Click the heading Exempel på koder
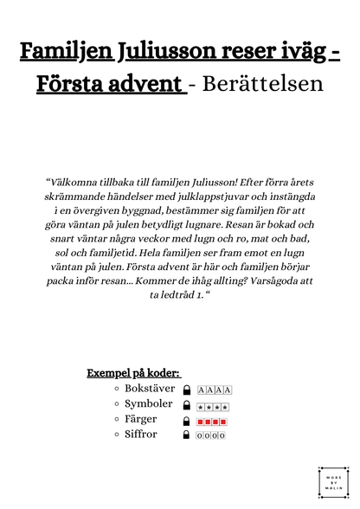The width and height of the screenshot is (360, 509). (x=133, y=373)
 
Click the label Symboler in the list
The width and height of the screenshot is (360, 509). (x=150, y=404)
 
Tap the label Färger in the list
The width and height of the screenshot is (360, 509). (x=144, y=419)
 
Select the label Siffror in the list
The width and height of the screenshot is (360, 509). (x=141, y=434)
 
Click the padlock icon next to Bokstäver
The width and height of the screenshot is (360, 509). (x=187, y=390)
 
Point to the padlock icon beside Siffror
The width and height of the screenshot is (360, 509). (x=187, y=435)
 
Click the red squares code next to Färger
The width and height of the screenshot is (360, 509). (x=211, y=422)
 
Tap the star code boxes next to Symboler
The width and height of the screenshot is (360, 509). (x=211, y=406)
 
